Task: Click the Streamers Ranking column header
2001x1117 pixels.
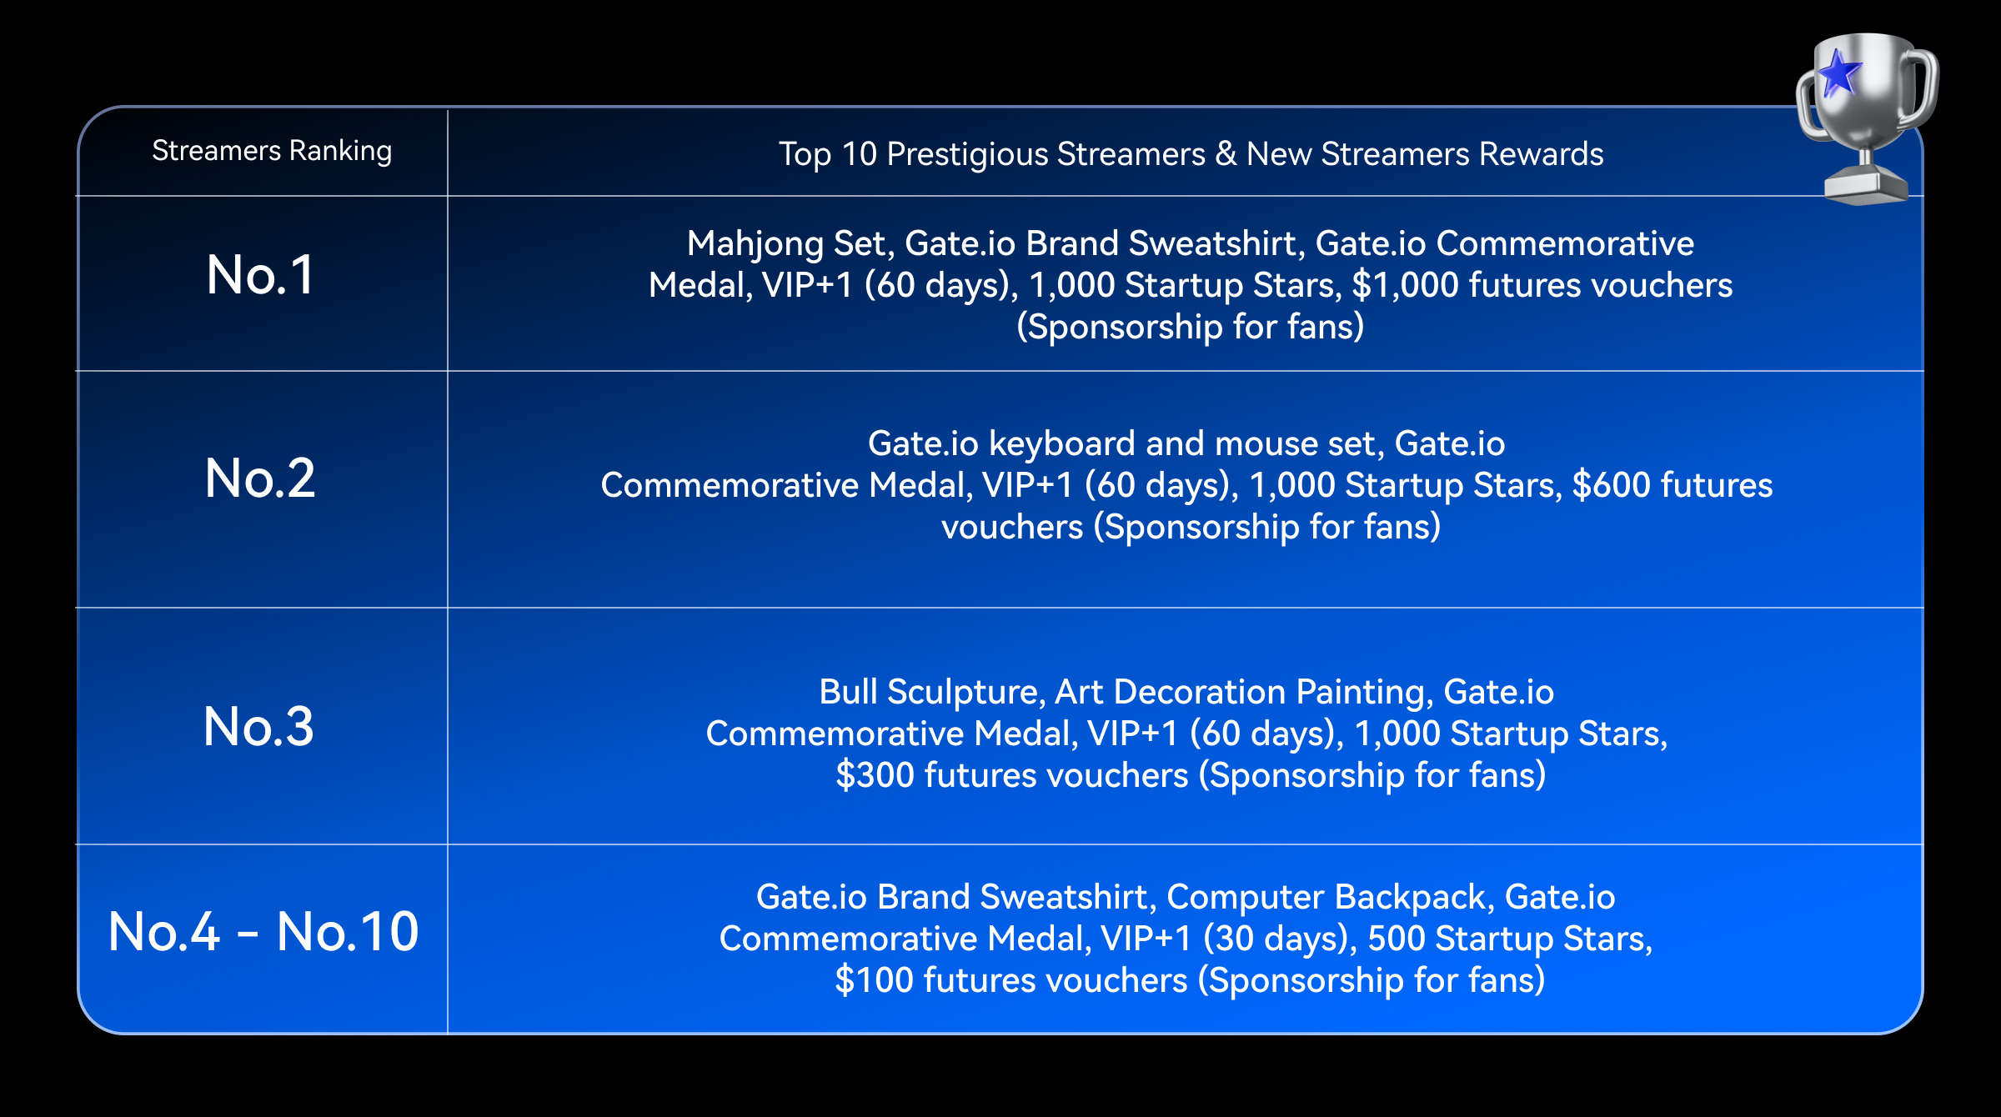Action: click(x=272, y=151)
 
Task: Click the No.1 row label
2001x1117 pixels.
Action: click(x=260, y=275)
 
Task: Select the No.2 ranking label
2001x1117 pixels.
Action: click(x=260, y=478)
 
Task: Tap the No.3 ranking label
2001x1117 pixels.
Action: click(x=259, y=726)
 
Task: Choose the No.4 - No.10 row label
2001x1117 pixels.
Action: click(x=263, y=931)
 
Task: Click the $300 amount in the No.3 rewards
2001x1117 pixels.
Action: click(x=875, y=775)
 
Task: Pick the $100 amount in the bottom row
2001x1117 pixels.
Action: click(x=874, y=980)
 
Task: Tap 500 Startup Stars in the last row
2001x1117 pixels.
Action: click(x=1509, y=939)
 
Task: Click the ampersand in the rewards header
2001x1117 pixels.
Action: click(x=1226, y=154)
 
